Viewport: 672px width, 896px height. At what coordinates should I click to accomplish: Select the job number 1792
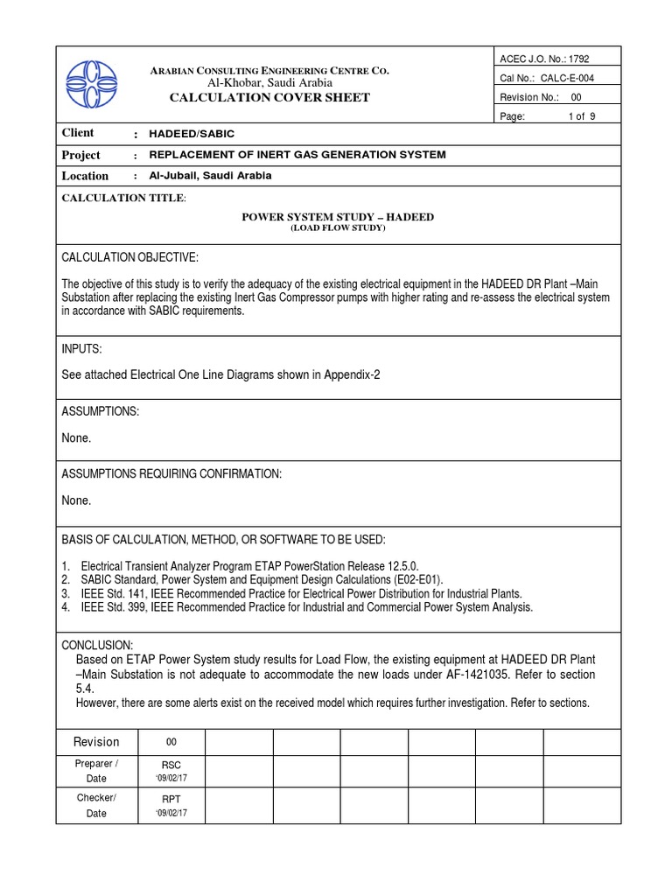point(578,59)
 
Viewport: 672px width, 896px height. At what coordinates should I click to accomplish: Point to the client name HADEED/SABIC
point(192,134)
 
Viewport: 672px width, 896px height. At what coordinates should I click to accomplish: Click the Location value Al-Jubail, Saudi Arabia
point(211,176)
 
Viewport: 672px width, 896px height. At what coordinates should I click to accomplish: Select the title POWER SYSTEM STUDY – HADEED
point(337,217)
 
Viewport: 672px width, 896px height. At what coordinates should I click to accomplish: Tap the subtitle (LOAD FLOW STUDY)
point(337,228)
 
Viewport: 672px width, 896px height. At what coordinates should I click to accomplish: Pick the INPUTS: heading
point(81,349)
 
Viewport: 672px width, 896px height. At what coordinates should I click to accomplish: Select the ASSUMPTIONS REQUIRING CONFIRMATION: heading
point(171,473)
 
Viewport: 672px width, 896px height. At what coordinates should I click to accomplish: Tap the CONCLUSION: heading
point(97,644)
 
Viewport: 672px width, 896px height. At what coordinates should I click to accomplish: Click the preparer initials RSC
point(171,764)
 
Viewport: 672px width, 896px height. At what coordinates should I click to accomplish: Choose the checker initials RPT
point(171,798)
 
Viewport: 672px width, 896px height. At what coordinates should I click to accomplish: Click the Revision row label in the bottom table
point(96,742)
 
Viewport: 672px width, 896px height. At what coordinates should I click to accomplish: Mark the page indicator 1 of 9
point(582,116)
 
